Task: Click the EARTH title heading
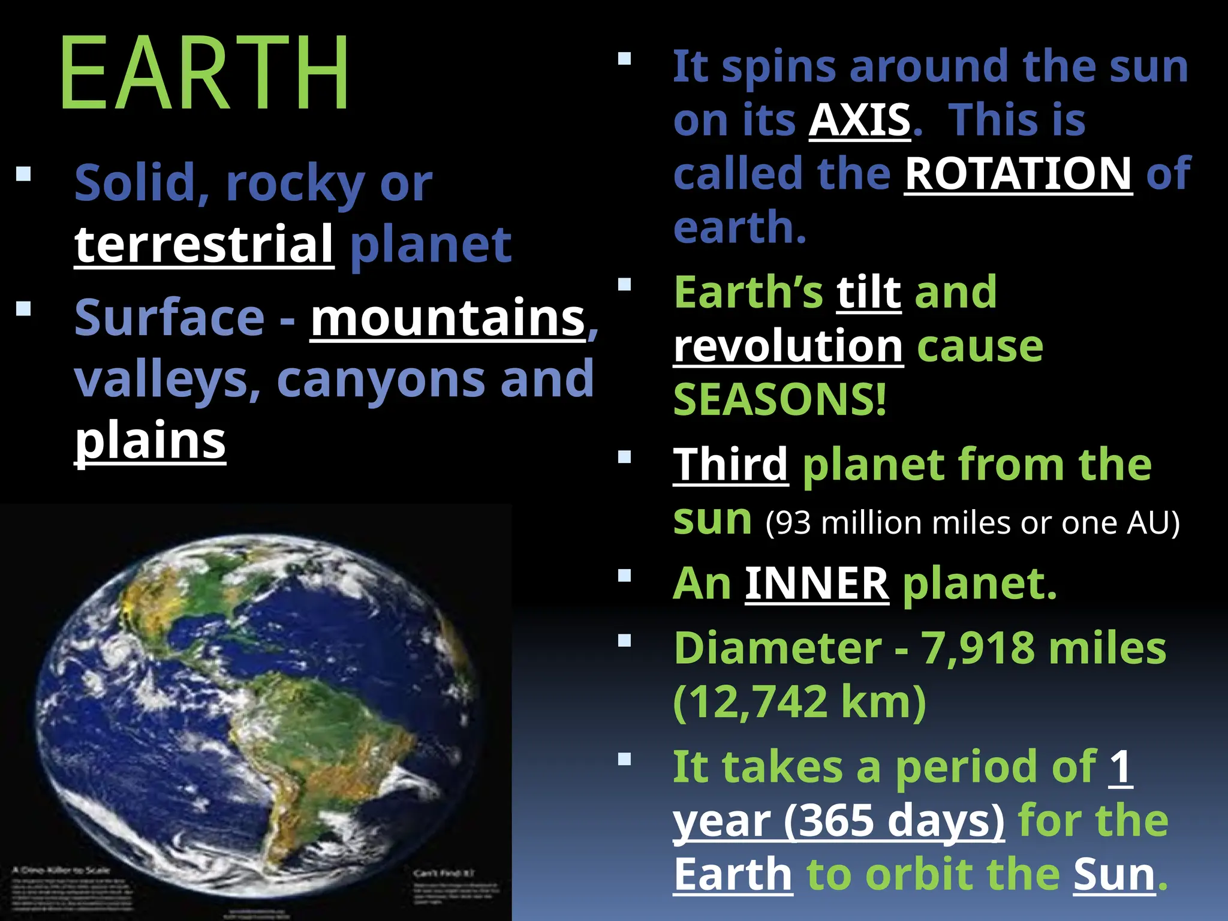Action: tap(204, 73)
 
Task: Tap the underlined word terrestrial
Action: tap(204, 245)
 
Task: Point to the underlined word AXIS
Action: tap(860, 120)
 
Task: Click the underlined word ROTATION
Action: tap(1018, 174)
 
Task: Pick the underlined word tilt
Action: tap(869, 293)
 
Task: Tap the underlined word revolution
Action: tap(788, 347)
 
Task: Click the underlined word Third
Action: tap(730, 465)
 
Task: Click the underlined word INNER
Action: tap(817, 583)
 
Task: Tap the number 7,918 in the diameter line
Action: tap(977, 648)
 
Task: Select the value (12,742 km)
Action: tap(800, 702)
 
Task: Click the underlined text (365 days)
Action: tap(893, 821)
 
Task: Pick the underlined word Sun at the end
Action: tap(1113, 875)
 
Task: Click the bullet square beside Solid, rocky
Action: tap(24, 174)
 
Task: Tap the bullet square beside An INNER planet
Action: tap(625, 576)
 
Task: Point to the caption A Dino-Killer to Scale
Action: tap(62, 870)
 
